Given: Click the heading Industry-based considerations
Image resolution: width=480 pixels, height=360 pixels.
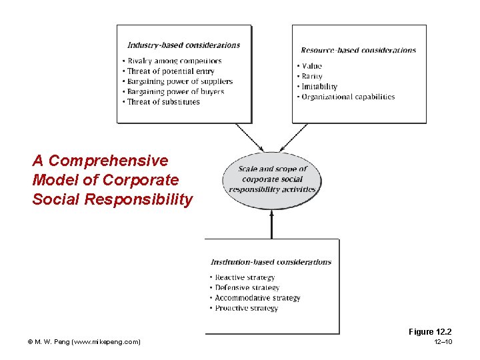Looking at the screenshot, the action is (x=183, y=45).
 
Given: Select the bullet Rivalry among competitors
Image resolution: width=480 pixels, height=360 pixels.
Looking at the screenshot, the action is (x=172, y=61).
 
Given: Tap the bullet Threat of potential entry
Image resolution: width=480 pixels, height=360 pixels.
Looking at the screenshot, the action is (x=170, y=71).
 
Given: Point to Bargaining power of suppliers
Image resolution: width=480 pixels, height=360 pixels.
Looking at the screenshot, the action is (x=177, y=81).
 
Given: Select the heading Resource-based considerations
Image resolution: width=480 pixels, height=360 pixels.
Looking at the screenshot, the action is (x=358, y=50).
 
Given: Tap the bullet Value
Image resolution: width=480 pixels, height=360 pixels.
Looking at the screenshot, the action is (x=310, y=66).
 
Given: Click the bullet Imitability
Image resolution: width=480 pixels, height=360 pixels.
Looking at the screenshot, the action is (x=317, y=86).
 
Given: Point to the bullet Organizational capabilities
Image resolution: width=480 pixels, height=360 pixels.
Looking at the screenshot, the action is (x=346, y=97).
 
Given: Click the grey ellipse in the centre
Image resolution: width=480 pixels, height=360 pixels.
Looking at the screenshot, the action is (x=272, y=179).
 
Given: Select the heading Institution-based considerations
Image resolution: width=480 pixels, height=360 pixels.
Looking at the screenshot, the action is (x=271, y=262).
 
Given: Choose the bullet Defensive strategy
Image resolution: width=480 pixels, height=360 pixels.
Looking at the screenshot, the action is (x=245, y=287).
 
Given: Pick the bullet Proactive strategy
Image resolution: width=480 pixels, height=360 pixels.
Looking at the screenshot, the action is (x=245, y=308).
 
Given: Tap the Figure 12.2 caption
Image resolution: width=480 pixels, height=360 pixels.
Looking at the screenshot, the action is (x=430, y=331).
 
